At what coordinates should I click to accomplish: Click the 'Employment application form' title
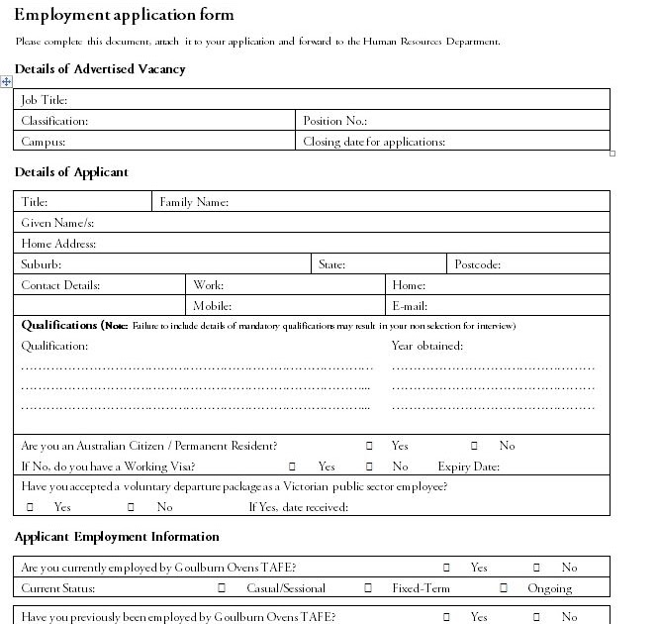coord(125,15)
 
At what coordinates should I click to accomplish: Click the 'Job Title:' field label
coord(44,100)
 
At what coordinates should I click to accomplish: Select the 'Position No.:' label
coord(335,121)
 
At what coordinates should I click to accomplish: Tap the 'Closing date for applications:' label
coord(374,142)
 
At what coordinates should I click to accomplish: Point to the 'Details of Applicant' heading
coord(71,172)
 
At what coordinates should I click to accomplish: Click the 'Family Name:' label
coord(194,202)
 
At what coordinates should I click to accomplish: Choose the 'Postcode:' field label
coord(478,264)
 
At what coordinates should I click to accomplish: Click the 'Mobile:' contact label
coord(212,306)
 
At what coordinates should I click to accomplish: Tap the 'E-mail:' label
coord(409,306)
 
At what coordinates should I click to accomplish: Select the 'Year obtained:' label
coord(426,346)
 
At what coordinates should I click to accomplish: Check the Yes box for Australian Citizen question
coord(369,446)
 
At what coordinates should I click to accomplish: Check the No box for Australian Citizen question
coord(474,446)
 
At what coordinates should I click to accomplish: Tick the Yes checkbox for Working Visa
coord(293,467)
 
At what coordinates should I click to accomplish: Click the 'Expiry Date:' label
coord(468,467)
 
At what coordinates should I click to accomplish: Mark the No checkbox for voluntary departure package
coord(131,507)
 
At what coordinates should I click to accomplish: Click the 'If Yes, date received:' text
coord(298,507)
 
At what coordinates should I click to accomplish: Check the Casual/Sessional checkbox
coord(222,588)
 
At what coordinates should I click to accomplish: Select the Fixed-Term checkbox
coord(368,588)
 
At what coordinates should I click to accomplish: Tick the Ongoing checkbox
coord(504,588)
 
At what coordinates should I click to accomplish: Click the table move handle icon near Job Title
coord(6,81)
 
